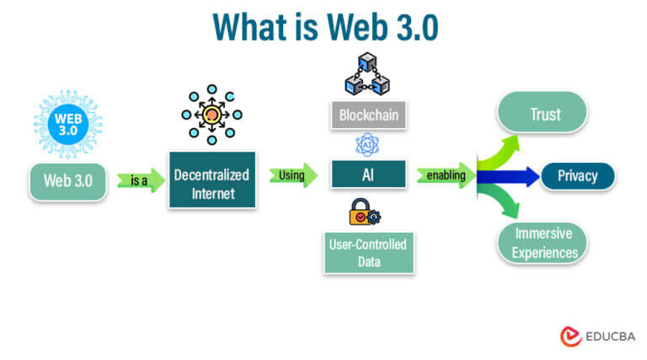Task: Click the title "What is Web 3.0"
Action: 323,26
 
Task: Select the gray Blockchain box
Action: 367,114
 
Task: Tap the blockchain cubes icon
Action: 367,74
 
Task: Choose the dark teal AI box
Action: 367,175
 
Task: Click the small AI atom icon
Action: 367,144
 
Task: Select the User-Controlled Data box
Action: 367,253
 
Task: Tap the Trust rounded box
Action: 544,114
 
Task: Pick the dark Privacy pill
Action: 577,175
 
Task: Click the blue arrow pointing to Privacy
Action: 509,176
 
